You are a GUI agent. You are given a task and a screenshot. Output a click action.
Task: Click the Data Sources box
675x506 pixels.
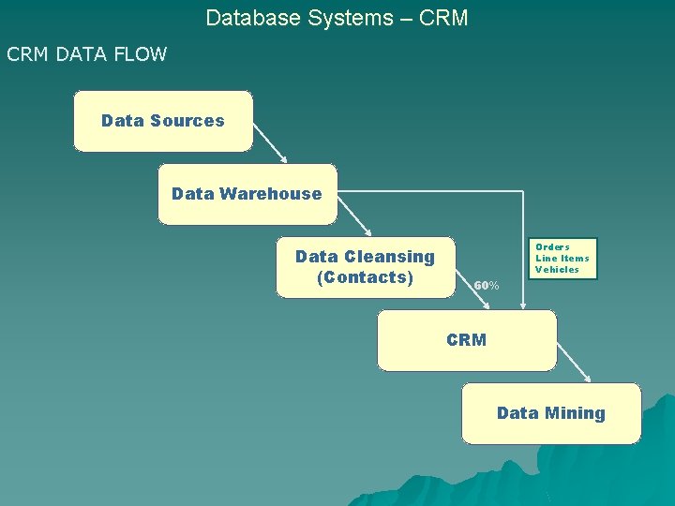click(163, 121)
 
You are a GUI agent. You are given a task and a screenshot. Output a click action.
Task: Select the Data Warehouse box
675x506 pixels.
click(247, 194)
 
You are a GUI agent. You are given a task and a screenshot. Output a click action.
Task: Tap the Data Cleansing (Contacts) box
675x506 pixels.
click(365, 267)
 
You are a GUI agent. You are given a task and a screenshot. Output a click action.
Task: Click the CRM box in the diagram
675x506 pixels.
click(466, 340)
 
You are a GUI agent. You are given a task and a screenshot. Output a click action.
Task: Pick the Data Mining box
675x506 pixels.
click(550, 413)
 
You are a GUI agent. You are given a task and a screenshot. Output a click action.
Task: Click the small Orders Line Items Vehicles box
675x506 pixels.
click(562, 259)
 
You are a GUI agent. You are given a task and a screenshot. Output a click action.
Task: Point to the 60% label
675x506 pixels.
click(486, 285)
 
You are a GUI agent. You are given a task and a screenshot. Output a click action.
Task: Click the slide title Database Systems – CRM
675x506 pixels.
click(337, 18)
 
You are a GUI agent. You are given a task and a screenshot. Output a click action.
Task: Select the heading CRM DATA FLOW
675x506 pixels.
click(86, 54)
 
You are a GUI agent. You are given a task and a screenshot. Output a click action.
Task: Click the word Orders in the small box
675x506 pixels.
click(552, 247)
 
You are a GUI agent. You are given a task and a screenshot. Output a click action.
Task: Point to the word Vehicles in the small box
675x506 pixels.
click(557, 270)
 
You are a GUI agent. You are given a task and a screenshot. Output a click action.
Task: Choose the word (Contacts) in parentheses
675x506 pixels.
click(365, 277)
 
